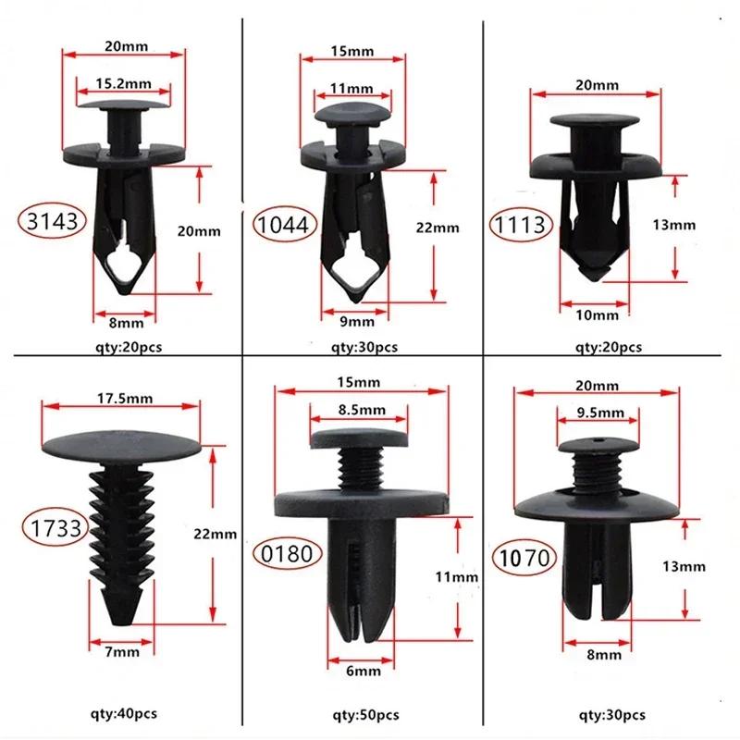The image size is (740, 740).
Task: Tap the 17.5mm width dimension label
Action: [x=122, y=399]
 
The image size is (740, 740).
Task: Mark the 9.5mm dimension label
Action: [x=596, y=411]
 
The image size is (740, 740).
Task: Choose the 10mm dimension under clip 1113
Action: [x=598, y=315]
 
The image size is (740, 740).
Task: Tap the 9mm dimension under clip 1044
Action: [x=356, y=321]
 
